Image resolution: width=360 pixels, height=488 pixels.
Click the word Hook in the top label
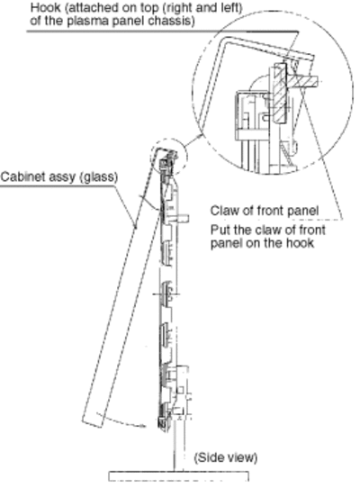[45, 7]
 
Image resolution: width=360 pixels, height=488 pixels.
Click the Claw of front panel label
[265, 211]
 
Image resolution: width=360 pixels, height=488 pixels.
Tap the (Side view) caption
[226, 457]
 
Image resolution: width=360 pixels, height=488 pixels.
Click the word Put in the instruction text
[220, 230]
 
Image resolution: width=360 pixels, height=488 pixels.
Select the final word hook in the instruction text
[300, 243]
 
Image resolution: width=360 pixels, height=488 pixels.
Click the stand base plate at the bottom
[178, 476]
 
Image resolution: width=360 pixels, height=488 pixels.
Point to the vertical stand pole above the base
[178, 445]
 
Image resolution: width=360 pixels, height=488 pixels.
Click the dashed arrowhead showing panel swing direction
[143, 426]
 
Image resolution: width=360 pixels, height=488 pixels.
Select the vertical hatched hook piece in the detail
[280, 94]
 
